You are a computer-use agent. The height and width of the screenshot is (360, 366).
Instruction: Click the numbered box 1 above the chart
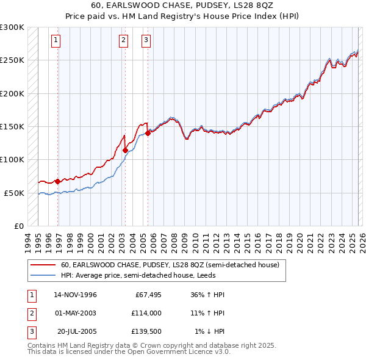(56, 41)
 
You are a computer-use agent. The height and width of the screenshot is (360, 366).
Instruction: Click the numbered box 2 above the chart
(123, 41)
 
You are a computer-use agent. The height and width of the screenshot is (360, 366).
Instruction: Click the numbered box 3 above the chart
(146, 41)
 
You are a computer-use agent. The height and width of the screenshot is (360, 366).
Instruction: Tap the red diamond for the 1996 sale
(57, 181)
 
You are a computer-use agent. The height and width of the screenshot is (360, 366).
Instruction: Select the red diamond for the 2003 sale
(125, 150)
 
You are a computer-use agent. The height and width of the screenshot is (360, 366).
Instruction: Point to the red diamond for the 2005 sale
(148, 134)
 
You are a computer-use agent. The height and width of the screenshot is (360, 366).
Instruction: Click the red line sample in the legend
(43, 265)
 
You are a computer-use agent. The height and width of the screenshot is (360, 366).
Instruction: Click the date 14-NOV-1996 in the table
(76, 295)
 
